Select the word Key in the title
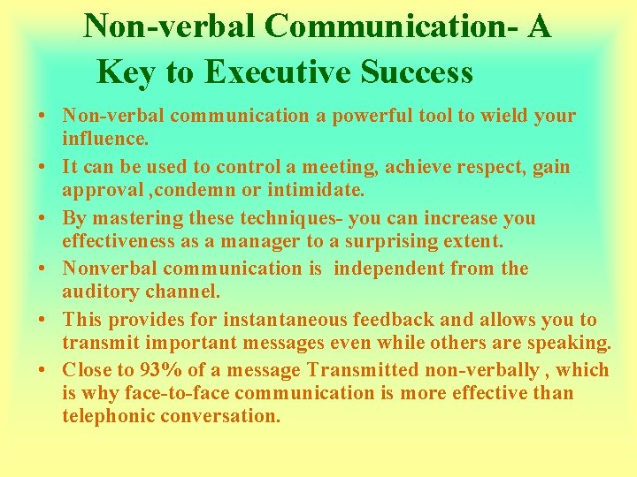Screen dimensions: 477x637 click(x=125, y=72)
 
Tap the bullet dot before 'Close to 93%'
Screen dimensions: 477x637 click(x=43, y=372)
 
